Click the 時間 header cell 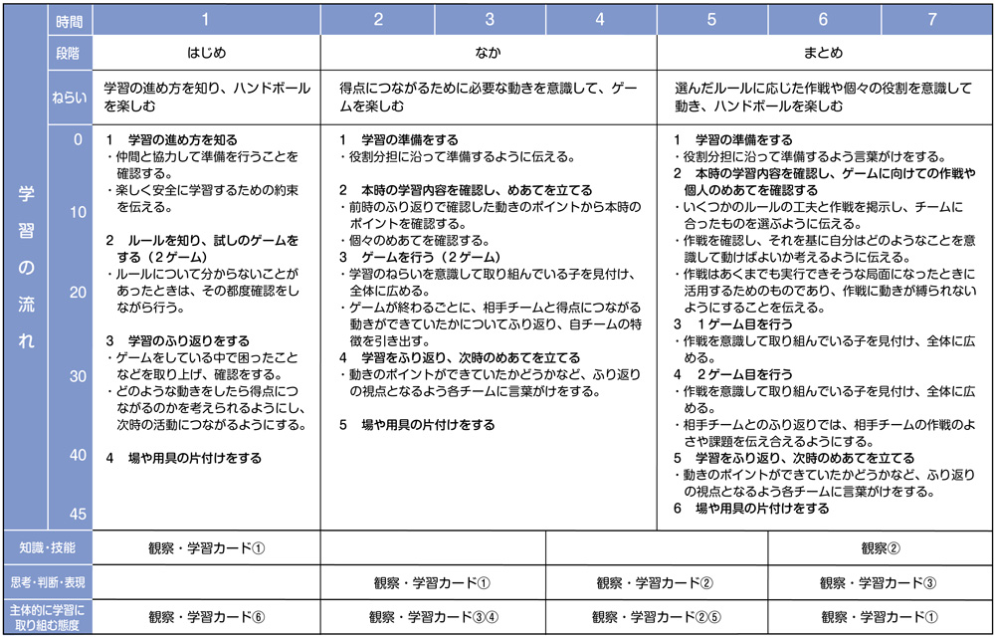70,20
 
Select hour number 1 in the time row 206,20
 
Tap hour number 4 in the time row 600,20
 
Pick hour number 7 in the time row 931,20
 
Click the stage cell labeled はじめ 206,53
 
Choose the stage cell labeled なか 488,53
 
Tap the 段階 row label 70,53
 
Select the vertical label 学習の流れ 26,269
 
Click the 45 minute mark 78,514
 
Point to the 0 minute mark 78,140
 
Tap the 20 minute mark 78,292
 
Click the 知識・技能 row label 48,547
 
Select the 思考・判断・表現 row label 48,582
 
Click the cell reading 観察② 881,547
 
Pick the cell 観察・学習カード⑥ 206,616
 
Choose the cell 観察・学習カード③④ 433,616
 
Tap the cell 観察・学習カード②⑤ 657,616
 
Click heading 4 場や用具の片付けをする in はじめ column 184,459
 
